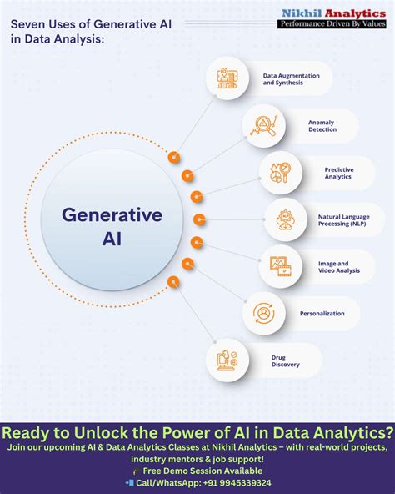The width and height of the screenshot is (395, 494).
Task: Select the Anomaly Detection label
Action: (x=322, y=126)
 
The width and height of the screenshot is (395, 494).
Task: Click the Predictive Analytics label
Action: (x=338, y=173)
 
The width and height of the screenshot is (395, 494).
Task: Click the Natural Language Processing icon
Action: (x=286, y=219)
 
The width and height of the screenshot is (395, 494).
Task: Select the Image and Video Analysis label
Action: (x=338, y=267)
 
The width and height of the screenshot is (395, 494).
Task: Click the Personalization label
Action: (x=322, y=314)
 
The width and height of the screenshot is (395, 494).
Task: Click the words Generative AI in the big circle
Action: (x=112, y=227)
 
